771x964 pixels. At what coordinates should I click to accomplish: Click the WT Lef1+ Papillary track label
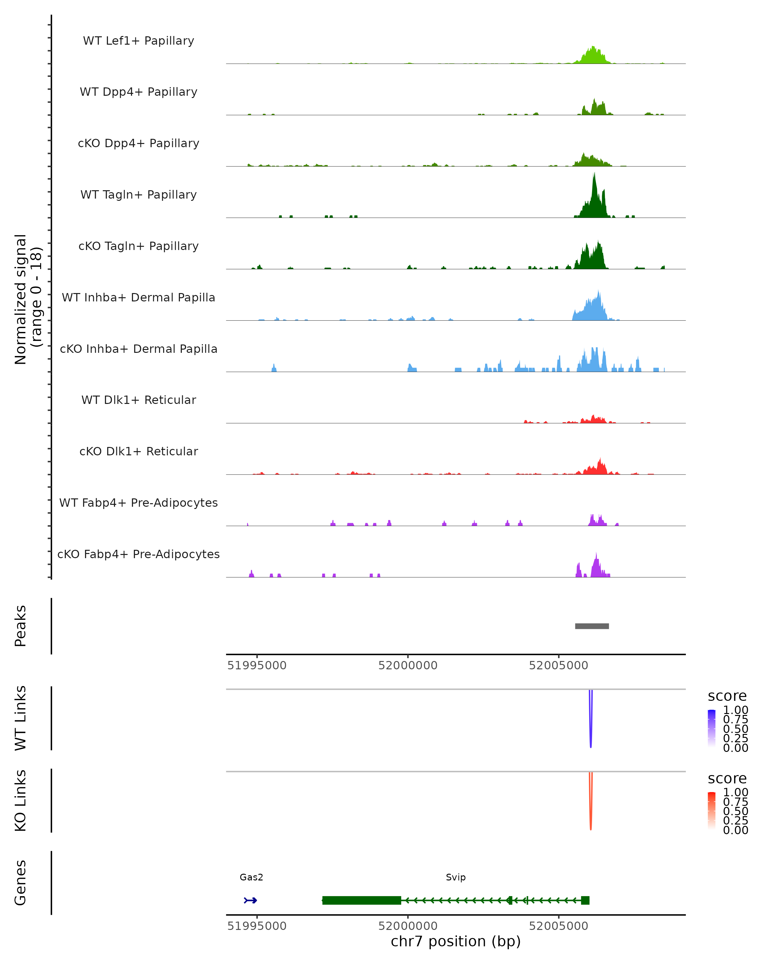point(138,41)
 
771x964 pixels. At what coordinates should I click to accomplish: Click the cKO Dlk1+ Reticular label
point(138,451)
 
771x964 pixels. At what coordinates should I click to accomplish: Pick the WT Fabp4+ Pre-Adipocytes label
point(138,503)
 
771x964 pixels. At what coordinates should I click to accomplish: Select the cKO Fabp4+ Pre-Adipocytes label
point(138,554)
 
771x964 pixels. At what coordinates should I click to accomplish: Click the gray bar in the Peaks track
point(592,626)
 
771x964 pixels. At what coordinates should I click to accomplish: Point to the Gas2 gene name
point(251,877)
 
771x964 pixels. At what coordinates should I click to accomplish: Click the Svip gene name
point(456,877)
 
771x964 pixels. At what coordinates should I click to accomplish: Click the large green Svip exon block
point(362,900)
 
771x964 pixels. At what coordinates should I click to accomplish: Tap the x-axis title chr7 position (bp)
point(456,941)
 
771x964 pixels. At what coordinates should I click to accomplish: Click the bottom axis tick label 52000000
point(408,926)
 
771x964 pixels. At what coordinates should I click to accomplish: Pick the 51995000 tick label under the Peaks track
point(257,665)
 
